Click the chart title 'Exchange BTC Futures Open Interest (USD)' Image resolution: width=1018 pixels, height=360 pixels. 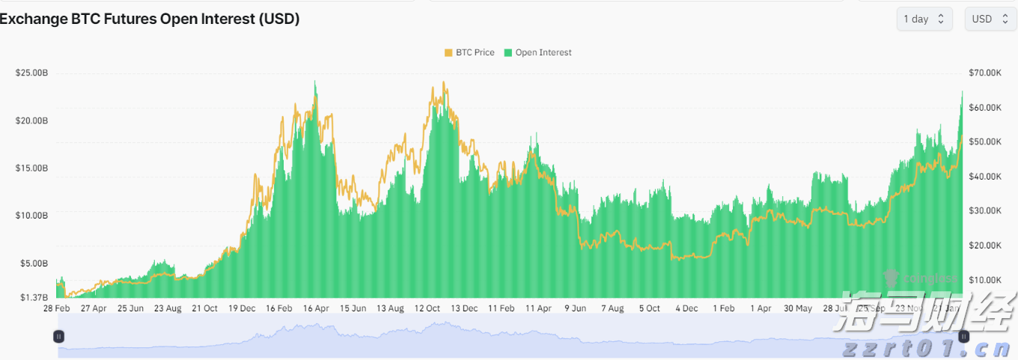coord(150,19)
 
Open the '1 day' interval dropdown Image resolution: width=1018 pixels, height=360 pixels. coord(924,19)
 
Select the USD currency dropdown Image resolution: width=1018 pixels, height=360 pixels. coord(990,19)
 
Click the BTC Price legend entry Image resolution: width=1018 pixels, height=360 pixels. coord(469,53)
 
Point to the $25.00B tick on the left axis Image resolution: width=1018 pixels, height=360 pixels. coord(31,73)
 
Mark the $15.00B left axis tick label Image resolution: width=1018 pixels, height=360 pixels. coord(31,168)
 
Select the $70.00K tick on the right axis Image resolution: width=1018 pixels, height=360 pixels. coord(984,73)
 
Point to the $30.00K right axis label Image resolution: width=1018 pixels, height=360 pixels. coord(984,211)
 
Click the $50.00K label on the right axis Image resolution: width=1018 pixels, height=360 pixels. coord(984,142)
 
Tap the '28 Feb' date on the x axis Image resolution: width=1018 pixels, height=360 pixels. coord(57,308)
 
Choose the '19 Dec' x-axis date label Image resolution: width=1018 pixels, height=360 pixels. coord(242,308)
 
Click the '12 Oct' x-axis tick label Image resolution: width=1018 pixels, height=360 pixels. coord(427,308)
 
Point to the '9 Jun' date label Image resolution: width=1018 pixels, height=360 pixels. coord(575,308)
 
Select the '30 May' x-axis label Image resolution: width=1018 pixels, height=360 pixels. coord(798,308)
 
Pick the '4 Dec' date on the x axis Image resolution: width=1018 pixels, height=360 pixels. coord(686,308)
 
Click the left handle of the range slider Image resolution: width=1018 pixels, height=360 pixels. coord(59,337)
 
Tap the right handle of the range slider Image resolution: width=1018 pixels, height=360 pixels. coord(964,337)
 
